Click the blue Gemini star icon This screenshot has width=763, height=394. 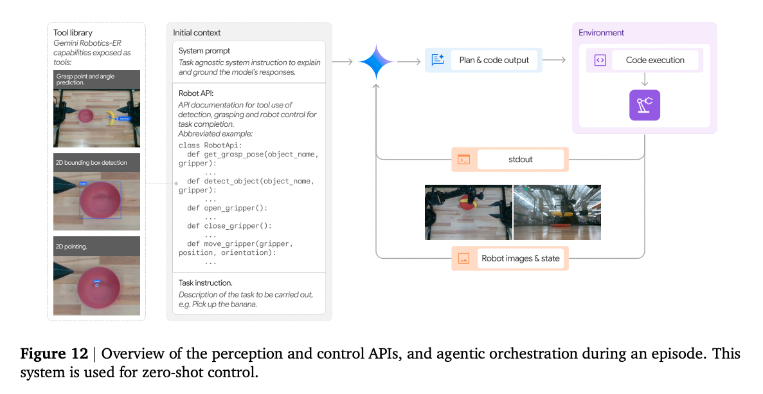(376, 61)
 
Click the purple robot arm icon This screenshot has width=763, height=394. (644, 105)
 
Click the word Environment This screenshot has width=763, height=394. (601, 33)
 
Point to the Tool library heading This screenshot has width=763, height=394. (73, 33)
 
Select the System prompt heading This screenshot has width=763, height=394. (204, 51)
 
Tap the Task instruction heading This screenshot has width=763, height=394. (205, 283)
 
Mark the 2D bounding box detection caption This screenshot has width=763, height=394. (91, 163)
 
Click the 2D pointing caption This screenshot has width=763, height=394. (71, 247)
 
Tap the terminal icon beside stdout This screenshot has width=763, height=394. (463, 160)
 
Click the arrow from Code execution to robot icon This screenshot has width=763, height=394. (644, 81)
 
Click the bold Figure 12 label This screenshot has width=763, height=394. (58, 354)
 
